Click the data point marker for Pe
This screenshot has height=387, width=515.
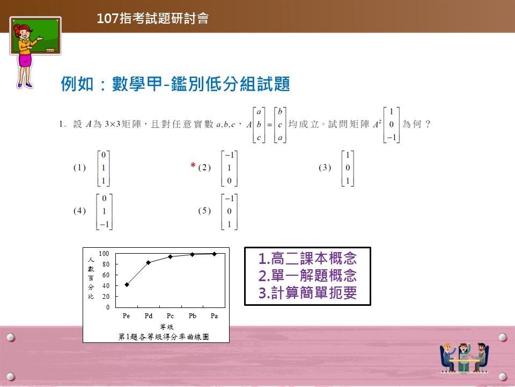click(127, 285)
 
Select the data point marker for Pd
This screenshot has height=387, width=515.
click(149, 262)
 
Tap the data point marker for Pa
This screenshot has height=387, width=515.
click(215, 254)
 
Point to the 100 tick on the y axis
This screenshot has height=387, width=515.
click(104, 253)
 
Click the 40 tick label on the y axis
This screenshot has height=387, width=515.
click(106, 285)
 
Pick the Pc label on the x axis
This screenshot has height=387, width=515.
click(170, 316)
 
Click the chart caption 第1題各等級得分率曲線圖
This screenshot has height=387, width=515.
click(164, 336)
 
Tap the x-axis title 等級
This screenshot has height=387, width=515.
click(167, 327)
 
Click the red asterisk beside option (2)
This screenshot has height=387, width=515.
click(193, 165)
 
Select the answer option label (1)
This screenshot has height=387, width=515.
click(79, 168)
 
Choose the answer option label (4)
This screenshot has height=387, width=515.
click(79, 211)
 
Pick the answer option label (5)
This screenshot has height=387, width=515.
click(204, 211)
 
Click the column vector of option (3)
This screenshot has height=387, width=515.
click(348, 168)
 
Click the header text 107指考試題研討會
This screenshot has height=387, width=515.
click(153, 18)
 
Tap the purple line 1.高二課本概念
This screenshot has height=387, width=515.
click(307, 259)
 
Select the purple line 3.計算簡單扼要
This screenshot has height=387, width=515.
click(307, 292)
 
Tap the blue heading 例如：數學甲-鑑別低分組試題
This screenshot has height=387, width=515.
click(175, 84)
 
